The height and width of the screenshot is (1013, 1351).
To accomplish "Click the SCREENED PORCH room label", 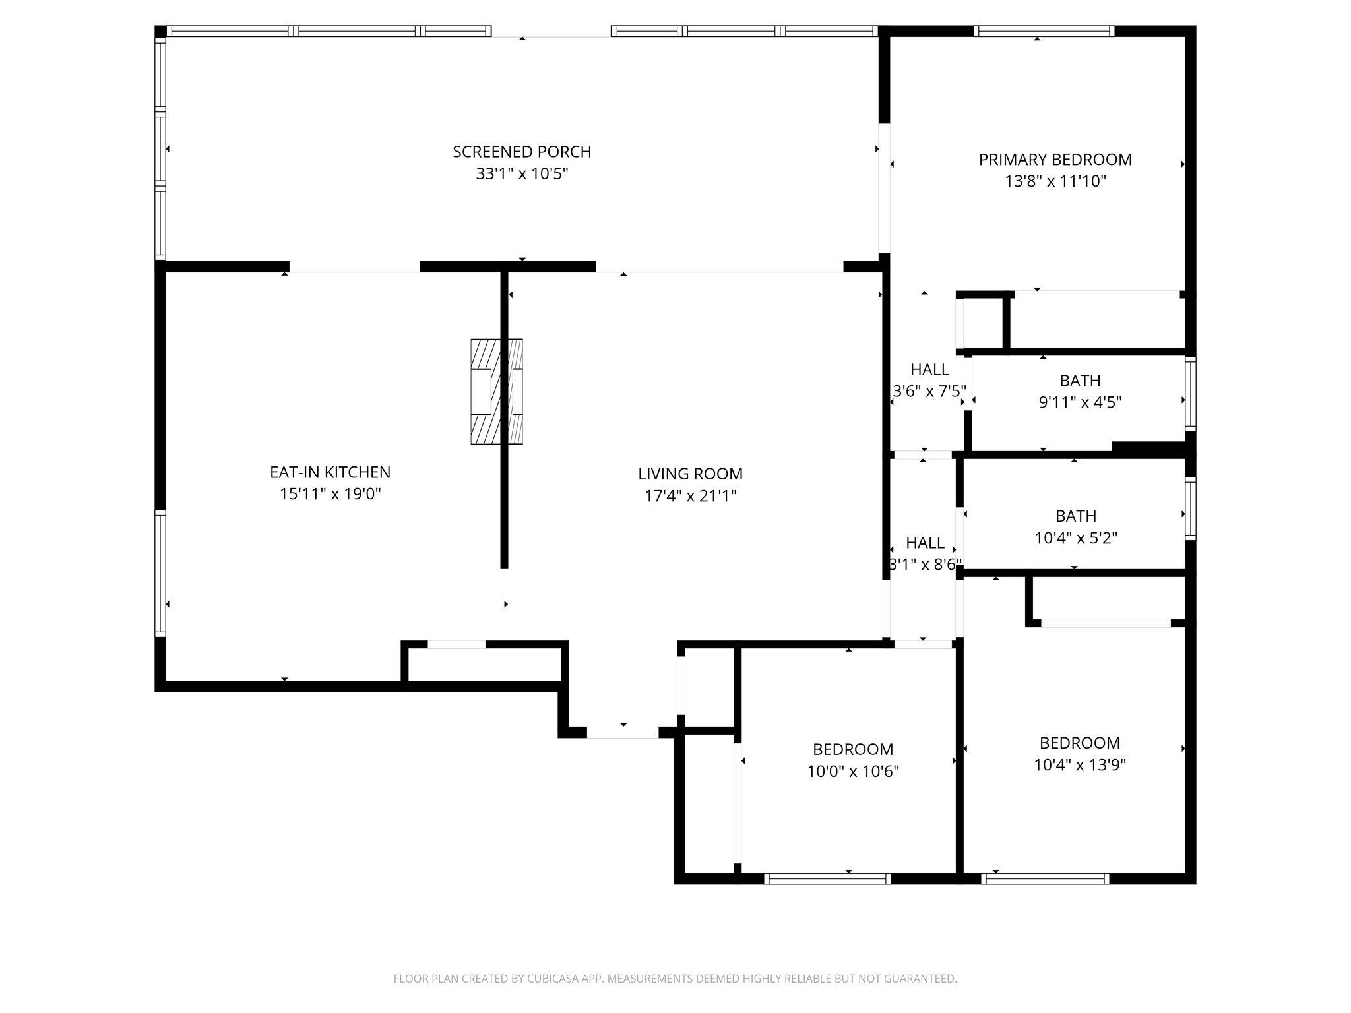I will [522, 152].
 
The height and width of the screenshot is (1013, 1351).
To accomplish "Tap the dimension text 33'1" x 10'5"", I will [522, 174].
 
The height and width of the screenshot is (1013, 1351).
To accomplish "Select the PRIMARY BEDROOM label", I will [1055, 160].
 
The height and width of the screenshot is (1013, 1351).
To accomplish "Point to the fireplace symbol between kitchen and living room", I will [497, 392].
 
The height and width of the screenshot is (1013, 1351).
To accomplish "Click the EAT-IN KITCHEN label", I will [330, 472].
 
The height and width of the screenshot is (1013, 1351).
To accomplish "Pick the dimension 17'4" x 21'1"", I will [690, 496].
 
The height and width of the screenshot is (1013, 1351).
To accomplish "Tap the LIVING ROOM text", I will [690, 474].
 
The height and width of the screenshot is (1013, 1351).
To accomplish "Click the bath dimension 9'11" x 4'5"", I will [1080, 402].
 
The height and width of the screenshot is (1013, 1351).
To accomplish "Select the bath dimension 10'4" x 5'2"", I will [1075, 538].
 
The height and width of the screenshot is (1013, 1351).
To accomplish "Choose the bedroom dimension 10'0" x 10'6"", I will [853, 771].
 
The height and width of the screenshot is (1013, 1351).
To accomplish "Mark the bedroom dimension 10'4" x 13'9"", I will [1079, 765].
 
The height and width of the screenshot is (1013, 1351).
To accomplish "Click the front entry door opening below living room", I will [623, 733].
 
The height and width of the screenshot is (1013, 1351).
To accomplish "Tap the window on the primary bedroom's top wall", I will [1044, 31].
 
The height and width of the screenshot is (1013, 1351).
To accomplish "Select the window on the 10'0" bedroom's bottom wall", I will [827, 878].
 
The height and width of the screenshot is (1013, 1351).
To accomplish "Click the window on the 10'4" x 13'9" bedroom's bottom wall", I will [1045, 878].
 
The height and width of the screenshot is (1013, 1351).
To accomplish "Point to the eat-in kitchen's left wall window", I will [160, 572].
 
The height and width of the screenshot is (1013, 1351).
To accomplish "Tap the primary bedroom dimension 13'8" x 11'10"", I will [1055, 181].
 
